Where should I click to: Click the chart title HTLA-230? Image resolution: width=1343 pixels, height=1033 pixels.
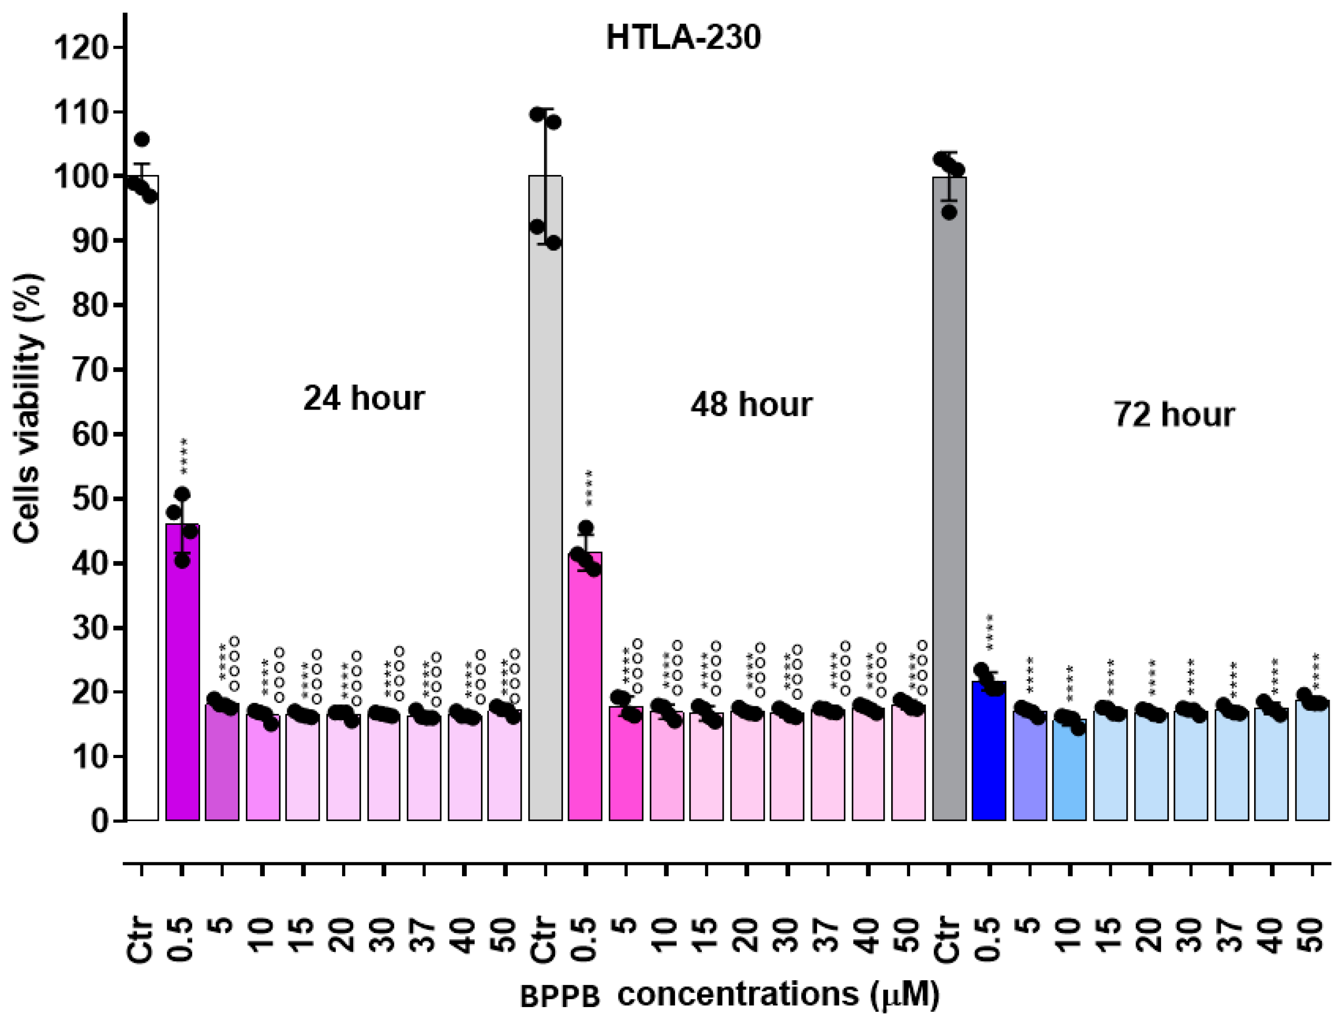pos(683,38)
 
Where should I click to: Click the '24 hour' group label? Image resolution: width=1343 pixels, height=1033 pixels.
pos(363,398)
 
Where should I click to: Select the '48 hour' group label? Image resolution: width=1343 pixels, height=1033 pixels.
pos(751,404)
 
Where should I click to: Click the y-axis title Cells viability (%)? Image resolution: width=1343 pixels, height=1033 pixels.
pos(28,408)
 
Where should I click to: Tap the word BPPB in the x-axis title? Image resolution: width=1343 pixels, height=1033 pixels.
pos(560,997)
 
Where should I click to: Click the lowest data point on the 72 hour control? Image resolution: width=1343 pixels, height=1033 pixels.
pos(950,212)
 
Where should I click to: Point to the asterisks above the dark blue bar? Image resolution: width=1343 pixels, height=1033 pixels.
pos(989,633)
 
